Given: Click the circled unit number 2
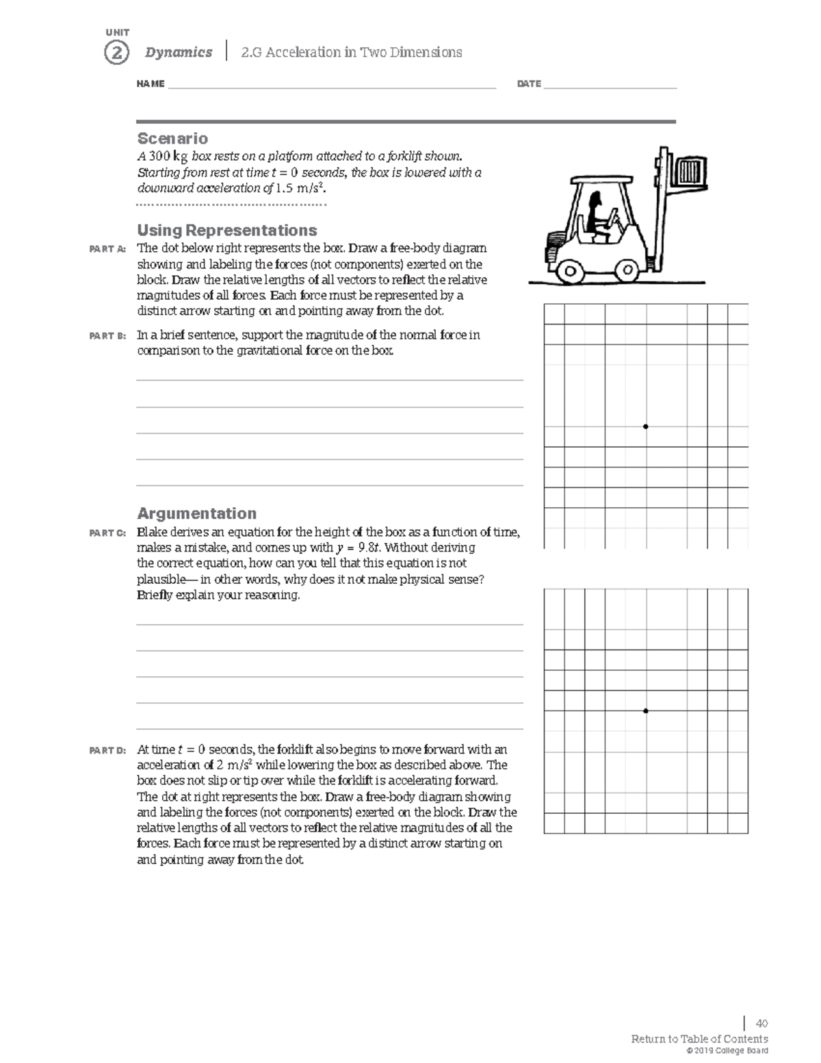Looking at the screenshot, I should click(x=116, y=53).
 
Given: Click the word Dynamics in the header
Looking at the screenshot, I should click(x=179, y=53).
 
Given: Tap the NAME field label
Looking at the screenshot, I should click(x=151, y=84).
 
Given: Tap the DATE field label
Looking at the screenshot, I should click(x=529, y=84).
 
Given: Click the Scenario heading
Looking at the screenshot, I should click(x=172, y=139).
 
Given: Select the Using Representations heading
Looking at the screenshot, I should click(x=226, y=230).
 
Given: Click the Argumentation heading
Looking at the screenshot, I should click(x=196, y=513).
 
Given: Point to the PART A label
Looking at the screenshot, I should click(x=107, y=249).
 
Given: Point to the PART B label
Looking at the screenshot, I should click(x=107, y=336).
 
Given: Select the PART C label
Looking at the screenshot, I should click(x=107, y=533).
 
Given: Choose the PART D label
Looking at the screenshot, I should click(x=107, y=751).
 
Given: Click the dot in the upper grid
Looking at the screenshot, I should click(x=646, y=426).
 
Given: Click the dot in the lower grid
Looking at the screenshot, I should click(x=646, y=710).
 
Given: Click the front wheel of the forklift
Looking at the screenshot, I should click(x=627, y=270).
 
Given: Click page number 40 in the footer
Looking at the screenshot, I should click(x=761, y=1024).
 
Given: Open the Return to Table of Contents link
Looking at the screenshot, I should click(x=699, y=1039).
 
